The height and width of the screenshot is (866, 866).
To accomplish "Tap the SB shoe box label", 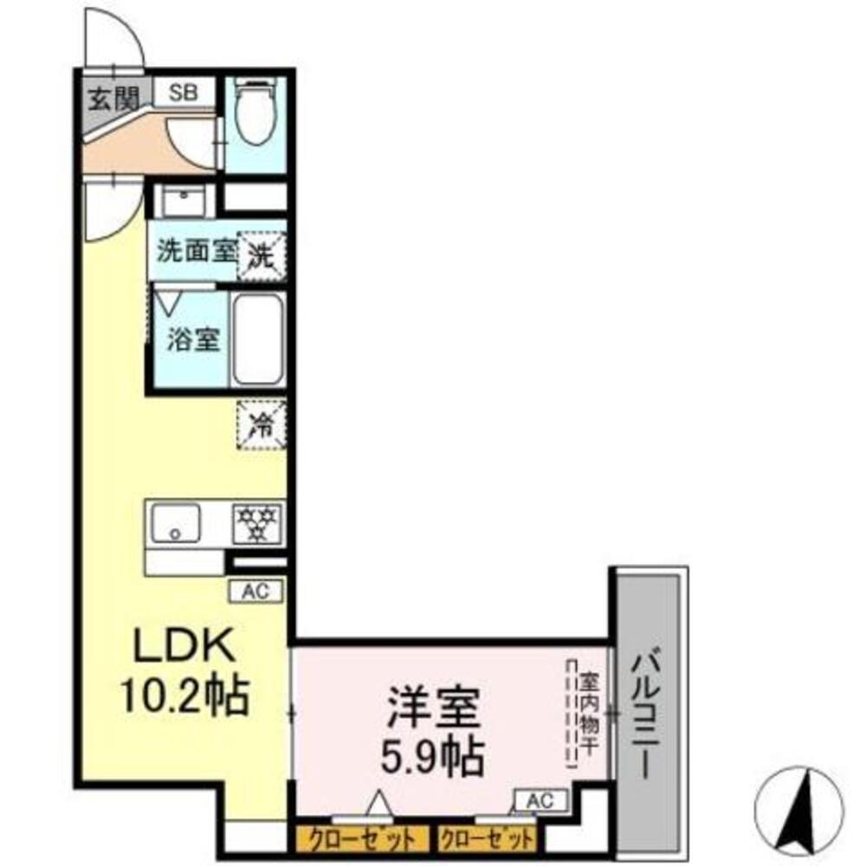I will tap(183, 92).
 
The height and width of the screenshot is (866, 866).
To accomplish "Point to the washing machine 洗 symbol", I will tap(262, 255).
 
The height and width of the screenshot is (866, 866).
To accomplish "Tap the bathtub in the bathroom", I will tap(258, 339).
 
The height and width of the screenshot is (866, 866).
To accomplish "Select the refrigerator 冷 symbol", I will tap(262, 425).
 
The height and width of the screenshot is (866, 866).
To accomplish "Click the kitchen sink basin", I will tap(176, 523).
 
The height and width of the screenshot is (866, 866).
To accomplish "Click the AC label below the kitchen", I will tap(254, 591).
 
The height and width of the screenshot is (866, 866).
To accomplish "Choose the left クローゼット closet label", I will tap(360, 839).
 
